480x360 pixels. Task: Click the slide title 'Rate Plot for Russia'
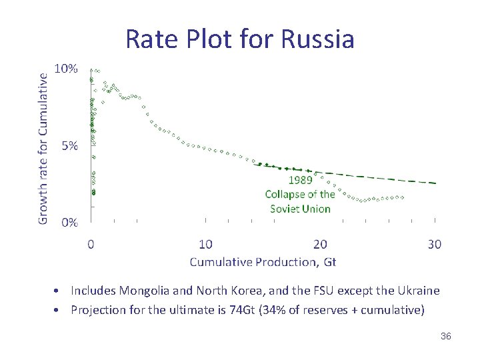(239, 39)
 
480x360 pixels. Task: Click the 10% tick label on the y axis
(66, 69)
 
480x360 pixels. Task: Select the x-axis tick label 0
(91, 245)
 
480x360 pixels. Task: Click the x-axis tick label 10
(205, 245)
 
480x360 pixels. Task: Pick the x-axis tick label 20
(320, 245)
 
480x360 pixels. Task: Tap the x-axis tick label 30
(434, 245)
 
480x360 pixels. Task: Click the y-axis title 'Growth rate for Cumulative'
(43, 148)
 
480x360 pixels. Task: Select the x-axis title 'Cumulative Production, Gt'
(263, 262)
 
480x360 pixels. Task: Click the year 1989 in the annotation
(300, 180)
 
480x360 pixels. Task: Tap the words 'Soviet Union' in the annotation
(300, 209)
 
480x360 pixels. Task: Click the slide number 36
(445, 336)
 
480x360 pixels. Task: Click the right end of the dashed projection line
(435, 183)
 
